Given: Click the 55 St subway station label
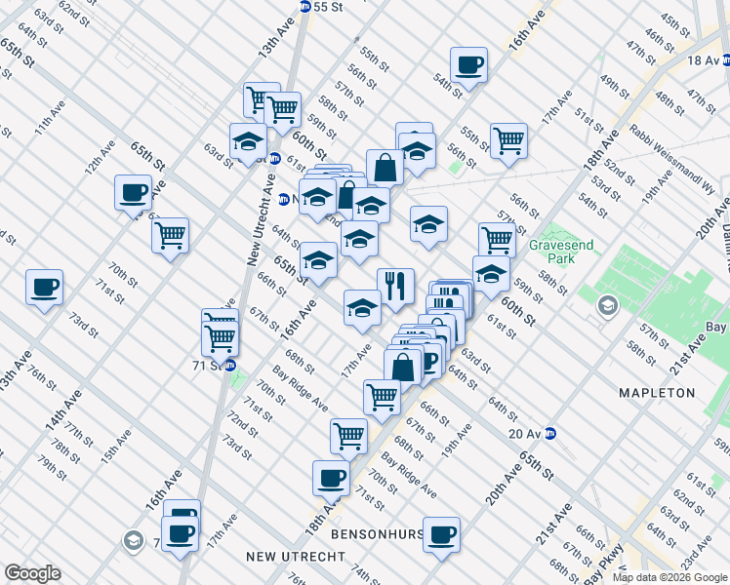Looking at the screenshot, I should click(x=327, y=6).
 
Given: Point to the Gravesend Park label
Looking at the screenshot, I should click(x=557, y=253).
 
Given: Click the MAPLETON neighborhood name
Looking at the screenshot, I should click(x=657, y=393).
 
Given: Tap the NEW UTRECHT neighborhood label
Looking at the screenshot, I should click(x=296, y=556).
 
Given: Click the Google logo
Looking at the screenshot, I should click(x=32, y=573).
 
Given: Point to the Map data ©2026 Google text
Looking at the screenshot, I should click(x=669, y=577).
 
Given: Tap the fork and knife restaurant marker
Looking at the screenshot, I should click(x=395, y=287).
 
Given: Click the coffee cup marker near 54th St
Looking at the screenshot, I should click(x=469, y=65).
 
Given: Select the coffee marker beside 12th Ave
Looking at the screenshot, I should click(x=133, y=192).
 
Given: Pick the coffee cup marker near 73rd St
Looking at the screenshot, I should click(x=44, y=288).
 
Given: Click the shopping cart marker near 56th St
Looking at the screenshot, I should click(x=508, y=141).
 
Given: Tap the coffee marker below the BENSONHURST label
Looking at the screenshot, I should click(x=441, y=534).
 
